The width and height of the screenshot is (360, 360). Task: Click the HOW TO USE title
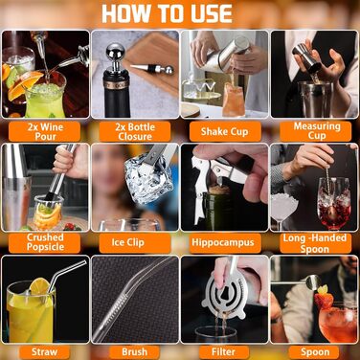pyautogui.click(x=167, y=13)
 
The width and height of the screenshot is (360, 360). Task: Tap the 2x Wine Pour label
pyautogui.click(x=45, y=131)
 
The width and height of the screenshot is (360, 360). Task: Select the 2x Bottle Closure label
pyautogui.click(x=135, y=131)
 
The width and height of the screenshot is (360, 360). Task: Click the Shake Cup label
pyautogui.click(x=225, y=131)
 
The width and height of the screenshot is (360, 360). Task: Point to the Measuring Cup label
pyautogui.click(x=316, y=131)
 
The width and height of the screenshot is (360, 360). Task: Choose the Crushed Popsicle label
pyautogui.click(x=45, y=242)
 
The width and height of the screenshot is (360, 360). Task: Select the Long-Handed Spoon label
pyautogui.click(x=316, y=243)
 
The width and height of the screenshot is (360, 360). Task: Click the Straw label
pyautogui.click(x=44, y=352)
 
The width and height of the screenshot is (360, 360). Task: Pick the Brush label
pyautogui.click(x=135, y=352)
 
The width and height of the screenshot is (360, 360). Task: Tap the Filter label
pyautogui.click(x=224, y=352)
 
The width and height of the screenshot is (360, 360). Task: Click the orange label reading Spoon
pyautogui.click(x=315, y=352)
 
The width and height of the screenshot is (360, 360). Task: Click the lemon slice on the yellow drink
pyautogui.click(x=39, y=286)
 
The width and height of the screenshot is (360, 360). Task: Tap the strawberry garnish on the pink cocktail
pyautogui.click(x=324, y=299)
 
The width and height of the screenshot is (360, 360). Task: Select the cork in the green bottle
pyautogui.click(x=219, y=190)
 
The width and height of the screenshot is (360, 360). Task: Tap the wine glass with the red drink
pyautogui.click(x=334, y=204)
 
